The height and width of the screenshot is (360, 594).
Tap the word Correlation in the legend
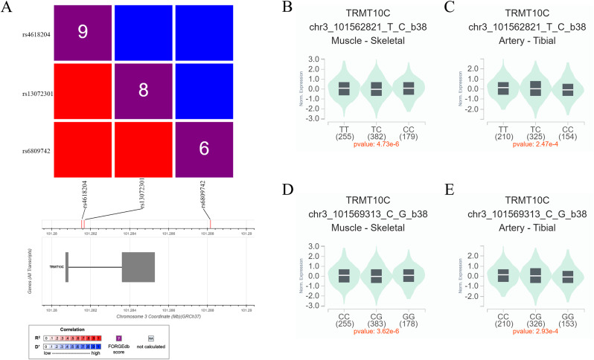(71, 328)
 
